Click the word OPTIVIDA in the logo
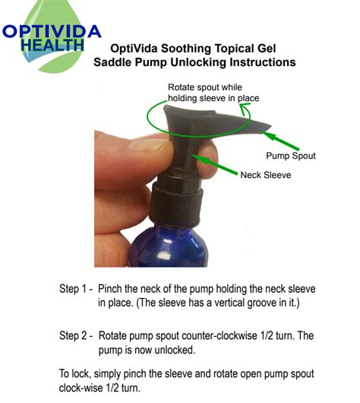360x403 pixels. pos(52,31)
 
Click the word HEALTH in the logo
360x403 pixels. pos(52,45)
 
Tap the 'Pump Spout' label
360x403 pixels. pos(291,156)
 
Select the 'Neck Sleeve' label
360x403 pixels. pos(266,175)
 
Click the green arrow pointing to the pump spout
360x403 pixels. pos(280,141)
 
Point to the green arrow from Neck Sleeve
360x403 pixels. pos(214,164)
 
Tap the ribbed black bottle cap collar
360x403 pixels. pos(176,205)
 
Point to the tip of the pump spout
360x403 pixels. pos(270,126)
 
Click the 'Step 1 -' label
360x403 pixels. pos(76,289)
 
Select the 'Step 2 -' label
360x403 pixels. pos(76,335)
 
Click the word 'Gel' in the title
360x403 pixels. pos(267,49)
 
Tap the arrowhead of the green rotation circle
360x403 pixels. pos(245,107)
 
